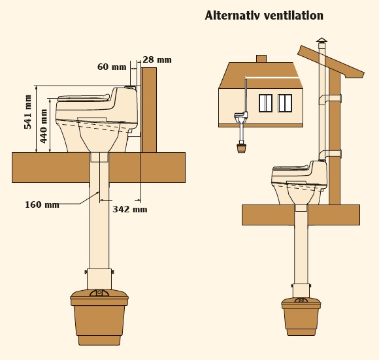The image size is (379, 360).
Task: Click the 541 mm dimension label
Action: click(x=28, y=112)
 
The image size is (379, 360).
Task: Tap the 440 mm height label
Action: click(x=44, y=126)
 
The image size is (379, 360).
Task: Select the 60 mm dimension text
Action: click(x=112, y=67)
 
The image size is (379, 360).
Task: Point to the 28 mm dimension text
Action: click(x=157, y=59)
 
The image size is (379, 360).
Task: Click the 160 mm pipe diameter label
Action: click(x=42, y=205)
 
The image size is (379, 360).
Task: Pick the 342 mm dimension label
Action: click(x=130, y=209)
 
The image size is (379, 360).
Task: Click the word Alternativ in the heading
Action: click(x=233, y=16)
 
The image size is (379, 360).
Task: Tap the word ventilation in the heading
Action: click(x=293, y=16)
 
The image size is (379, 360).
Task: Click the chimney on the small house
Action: click(x=261, y=59)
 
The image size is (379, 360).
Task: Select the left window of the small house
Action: click(x=266, y=103)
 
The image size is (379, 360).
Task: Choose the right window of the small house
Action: click(x=285, y=103)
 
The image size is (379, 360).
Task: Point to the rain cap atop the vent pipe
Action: click(x=321, y=41)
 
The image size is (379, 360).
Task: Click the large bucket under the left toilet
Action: click(x=99, y=318)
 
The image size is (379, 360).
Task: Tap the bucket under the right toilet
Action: click(x=301, y=316)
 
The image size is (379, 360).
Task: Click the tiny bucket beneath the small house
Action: click(x=242, y=148)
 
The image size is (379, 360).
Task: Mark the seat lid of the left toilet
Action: click(x=84, y=97)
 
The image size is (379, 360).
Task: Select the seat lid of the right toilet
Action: click(x=291, y=167)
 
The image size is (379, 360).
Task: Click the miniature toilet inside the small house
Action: click(x=241, y=117)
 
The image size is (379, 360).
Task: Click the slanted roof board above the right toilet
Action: click(x=331, y=61)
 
